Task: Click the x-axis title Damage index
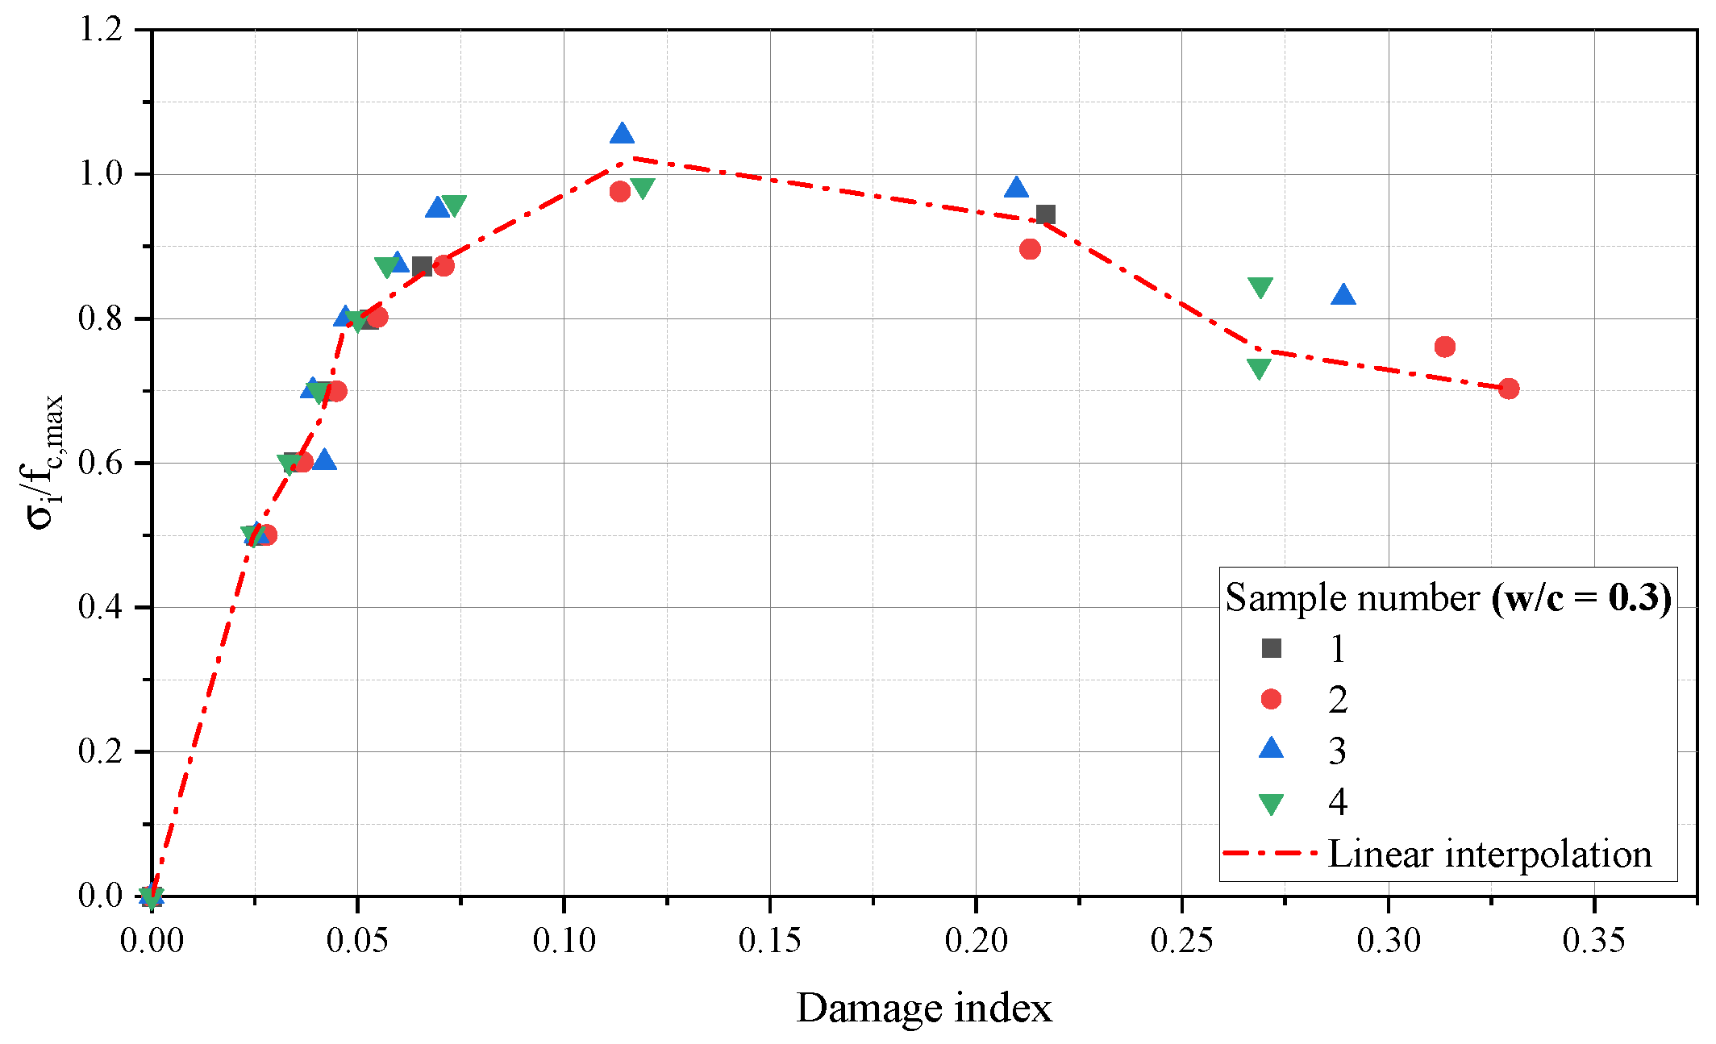pos(924,1009)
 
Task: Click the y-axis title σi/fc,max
pos(45,462)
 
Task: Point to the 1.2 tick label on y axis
pos(100,30)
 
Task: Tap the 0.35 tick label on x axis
pos(1593,941)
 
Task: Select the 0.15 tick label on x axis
pos(769,941)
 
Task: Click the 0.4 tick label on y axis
pos(100,607)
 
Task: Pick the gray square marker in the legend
pos(1271,648)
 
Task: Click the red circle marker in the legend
pos(1271,699)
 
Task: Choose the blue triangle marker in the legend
pos(1271,749)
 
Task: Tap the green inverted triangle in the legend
pos(1271,804)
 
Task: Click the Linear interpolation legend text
pos(1489,855)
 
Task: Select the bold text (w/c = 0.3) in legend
pos(1581,598)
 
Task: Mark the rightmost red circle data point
pos(1509,389)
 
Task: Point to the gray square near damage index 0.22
pos(1046,214)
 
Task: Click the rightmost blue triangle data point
pos(1343,296)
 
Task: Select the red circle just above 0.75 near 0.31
pos(1445,347)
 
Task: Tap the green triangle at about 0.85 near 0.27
pos(1260,287)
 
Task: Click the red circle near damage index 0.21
pos(1030,249)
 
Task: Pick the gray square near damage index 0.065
pos(422,266)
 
